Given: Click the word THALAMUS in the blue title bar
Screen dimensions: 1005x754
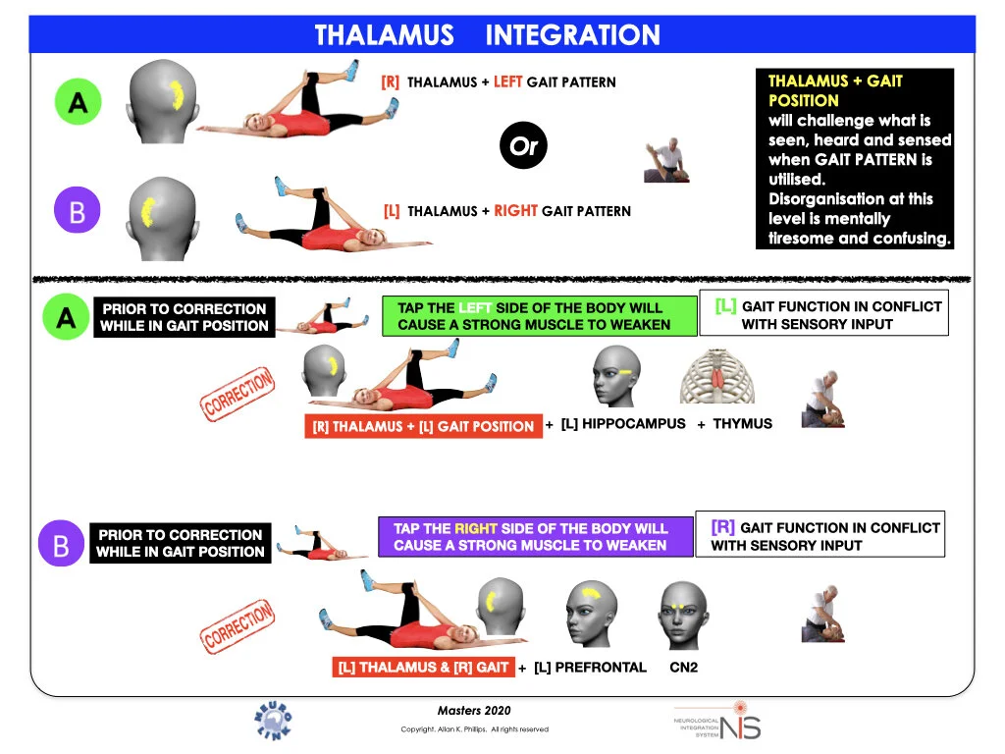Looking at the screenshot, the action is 384,36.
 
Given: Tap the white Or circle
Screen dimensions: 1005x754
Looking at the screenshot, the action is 522,147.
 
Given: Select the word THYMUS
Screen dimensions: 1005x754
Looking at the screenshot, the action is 742,424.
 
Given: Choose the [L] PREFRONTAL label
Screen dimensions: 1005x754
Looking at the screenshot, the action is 590,668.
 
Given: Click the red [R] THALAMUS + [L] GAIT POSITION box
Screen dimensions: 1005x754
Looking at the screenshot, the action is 423,426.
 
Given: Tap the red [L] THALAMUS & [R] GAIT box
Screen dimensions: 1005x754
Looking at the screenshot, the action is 424,668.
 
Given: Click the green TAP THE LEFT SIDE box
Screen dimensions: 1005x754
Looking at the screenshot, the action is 534,316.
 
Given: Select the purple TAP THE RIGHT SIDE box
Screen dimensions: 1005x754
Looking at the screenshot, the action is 530,537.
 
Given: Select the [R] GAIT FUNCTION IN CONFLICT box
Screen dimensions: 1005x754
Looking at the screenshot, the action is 820,535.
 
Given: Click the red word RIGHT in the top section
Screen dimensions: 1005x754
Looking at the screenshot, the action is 514,210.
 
